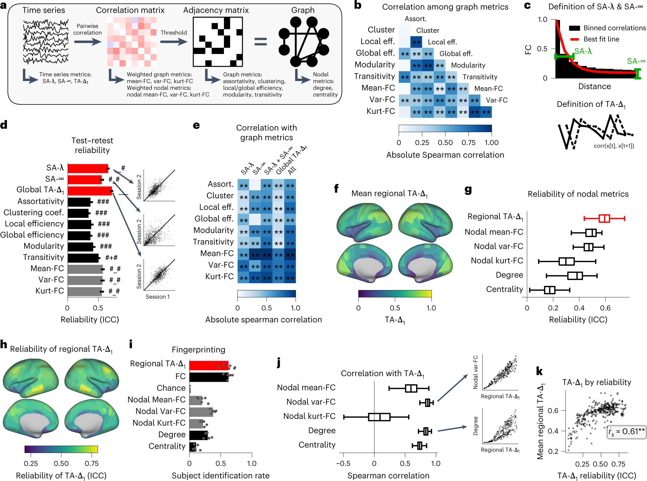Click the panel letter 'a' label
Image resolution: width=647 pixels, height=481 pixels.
(x=4, y=5)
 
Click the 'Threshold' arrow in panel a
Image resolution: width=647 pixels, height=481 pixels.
(x=174, y=41)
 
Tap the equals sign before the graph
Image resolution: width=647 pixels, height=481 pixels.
(x=260, y=41)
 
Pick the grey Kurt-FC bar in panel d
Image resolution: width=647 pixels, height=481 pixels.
(x=85, y=291)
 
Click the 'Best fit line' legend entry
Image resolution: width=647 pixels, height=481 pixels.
(x=601, y=39)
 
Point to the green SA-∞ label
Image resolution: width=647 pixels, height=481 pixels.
(x=636, y=61)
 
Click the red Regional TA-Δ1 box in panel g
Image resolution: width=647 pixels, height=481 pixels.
(x=604, y=218)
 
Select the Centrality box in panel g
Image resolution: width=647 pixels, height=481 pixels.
(x=549, y=290)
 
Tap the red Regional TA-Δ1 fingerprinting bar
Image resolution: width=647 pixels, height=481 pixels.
(x=209, y=366)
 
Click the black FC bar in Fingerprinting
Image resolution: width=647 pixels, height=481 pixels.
(x=209, y=377)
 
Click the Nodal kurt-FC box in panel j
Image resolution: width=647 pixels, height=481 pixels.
(x=379, y=417)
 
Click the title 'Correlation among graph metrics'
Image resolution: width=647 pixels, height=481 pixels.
(x=445, y=7)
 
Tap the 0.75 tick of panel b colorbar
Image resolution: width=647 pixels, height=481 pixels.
(x=468, y=143)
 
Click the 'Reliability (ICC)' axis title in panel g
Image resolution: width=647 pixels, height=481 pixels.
(x=578, y=319)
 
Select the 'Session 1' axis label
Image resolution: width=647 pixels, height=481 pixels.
(x=158, y=297)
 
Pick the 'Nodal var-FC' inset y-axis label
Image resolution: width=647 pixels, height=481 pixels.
(x=475, y=372)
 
